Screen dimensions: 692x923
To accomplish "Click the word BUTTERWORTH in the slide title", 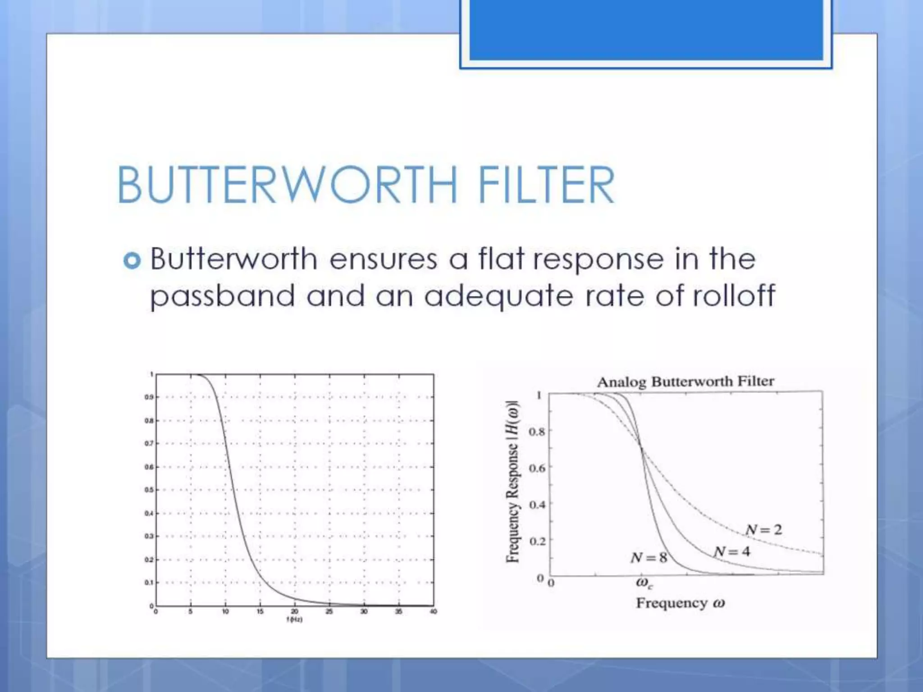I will pos(287,185).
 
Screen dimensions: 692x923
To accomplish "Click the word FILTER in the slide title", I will pos(546,185).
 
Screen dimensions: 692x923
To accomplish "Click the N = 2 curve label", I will pos(763,529).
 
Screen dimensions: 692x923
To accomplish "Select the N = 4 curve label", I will pos(732,551).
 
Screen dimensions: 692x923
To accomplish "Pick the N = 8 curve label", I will pos(649,558).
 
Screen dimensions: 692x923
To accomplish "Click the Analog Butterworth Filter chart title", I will pos(685,382).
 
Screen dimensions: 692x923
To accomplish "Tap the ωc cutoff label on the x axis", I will pos(644,583).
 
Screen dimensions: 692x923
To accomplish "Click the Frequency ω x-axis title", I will pos(680,603).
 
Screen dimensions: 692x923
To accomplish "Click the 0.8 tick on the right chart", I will pos(536,432).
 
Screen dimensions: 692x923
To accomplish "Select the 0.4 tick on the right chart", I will pos(536,504).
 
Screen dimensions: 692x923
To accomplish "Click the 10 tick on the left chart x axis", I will pos(225,612).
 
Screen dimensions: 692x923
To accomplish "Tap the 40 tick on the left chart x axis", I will pos(433,612).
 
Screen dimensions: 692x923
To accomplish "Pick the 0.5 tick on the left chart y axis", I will pos(149,490).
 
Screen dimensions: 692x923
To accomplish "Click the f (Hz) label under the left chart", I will pos(294,620).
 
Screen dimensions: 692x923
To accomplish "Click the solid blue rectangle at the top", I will pos(646,29).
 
